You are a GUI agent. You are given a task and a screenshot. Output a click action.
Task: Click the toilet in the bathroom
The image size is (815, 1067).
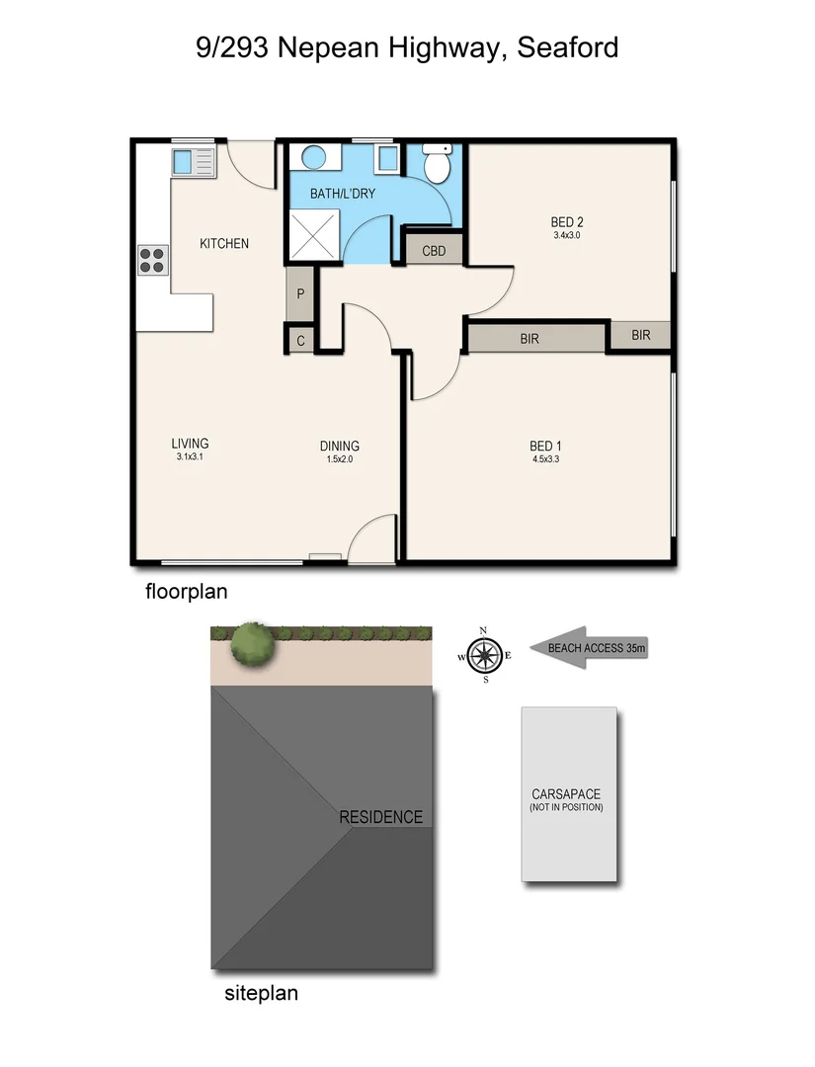pos(436,163)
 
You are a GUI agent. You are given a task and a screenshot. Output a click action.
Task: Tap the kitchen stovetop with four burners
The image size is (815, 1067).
pos(152,260)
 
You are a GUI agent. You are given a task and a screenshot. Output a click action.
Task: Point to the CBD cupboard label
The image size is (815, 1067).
pos(435,251)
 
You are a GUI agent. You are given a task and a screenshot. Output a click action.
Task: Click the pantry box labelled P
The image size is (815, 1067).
pos(300,294)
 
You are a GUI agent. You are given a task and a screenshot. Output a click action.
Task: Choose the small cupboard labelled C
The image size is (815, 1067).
pos(300,340)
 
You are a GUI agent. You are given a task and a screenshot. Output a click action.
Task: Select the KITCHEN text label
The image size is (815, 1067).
pos(224,243)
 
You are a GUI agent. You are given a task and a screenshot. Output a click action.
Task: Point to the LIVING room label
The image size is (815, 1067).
pos(190,444)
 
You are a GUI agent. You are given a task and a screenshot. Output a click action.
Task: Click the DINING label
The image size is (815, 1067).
pos(339,446)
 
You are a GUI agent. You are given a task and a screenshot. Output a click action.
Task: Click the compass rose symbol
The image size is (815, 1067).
pos(484,654)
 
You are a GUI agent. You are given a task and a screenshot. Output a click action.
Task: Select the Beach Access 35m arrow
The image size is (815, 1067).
pos(588,649)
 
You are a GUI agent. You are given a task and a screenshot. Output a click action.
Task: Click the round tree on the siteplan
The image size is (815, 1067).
pos(252,644)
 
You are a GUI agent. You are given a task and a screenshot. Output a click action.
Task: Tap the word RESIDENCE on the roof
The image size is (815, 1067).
pos(380,817)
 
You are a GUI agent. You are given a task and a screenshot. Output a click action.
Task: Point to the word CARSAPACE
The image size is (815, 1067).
pos(566,794)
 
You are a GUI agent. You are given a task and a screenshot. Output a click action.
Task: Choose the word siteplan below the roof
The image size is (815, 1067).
pos(262,994)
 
